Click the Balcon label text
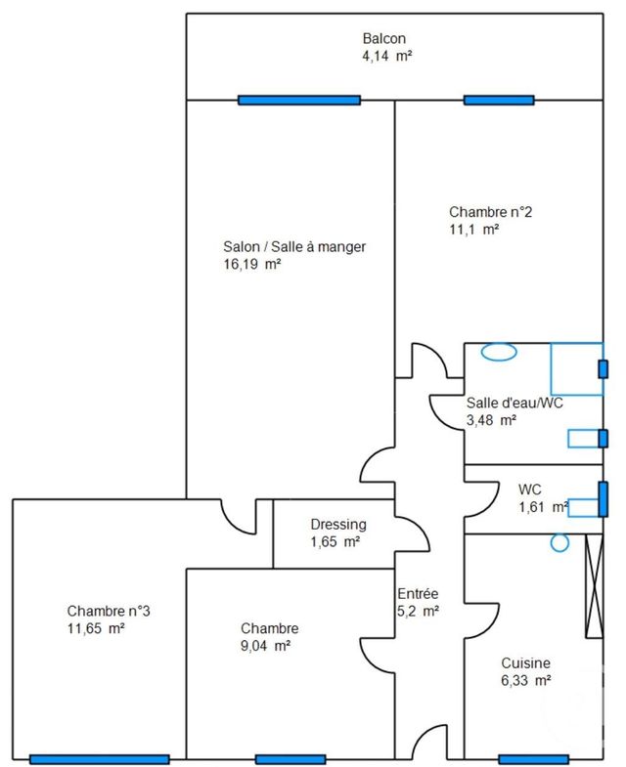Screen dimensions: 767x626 (x=384, y=38)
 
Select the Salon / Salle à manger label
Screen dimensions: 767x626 (x=294, y=247)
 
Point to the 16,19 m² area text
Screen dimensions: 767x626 (x=252, y=265)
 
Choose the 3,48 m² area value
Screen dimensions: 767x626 (x=491, y=420)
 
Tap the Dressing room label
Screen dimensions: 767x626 (x=337, y=524)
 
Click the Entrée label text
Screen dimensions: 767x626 (x=418, y=594)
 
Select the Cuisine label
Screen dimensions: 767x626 (x=524, y=661)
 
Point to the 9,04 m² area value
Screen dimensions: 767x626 (x=265, y=646)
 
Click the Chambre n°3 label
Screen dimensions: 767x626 (x=109, y=611)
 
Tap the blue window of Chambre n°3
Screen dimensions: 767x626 (x=100, y=759)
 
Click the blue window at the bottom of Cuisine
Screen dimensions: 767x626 (x=533, y=759)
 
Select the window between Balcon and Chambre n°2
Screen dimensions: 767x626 (x=499, y=100)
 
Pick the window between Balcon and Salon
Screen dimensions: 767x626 (x=300, y=100)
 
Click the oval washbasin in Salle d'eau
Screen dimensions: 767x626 (x=499, y=352)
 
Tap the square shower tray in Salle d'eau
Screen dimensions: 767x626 (x=575, y=368)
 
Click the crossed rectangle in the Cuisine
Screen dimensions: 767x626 (x=593, y=586)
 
